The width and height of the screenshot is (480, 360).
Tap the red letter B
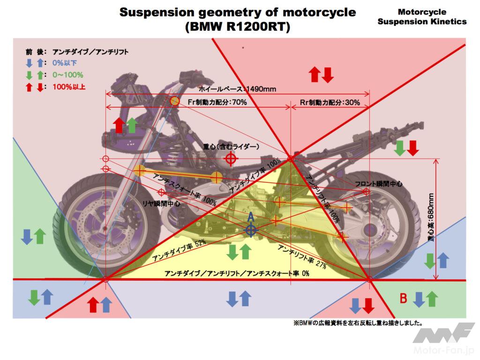[x=402, y=298]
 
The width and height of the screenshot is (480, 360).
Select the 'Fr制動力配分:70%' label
[x=217, y=102]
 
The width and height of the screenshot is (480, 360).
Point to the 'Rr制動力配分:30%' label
[x=330, y=102]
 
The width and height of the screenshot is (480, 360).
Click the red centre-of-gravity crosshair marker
[x=230, y=158]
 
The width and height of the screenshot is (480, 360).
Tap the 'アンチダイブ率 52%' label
[x=179, y=252]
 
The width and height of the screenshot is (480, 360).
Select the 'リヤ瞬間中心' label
[x=161, y=204]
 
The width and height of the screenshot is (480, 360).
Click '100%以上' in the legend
[x=68, y=87]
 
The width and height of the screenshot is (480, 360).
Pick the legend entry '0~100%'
[x=68, y=75]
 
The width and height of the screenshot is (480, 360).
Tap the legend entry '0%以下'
[x=65, y=63]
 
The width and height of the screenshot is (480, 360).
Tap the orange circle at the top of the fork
[x=174, y=101]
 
